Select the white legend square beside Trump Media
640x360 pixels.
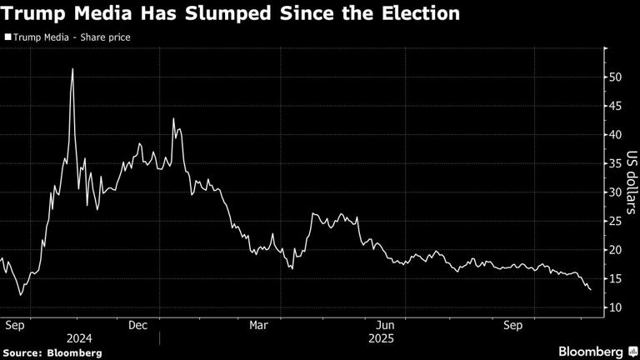7,37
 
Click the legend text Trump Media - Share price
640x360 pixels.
71,37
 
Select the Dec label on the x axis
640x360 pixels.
137,325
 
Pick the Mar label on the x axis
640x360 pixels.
258,325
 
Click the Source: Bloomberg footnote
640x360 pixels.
52,353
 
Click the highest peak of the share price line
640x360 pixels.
72,68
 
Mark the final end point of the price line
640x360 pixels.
591,290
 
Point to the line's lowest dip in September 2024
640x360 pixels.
21,295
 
